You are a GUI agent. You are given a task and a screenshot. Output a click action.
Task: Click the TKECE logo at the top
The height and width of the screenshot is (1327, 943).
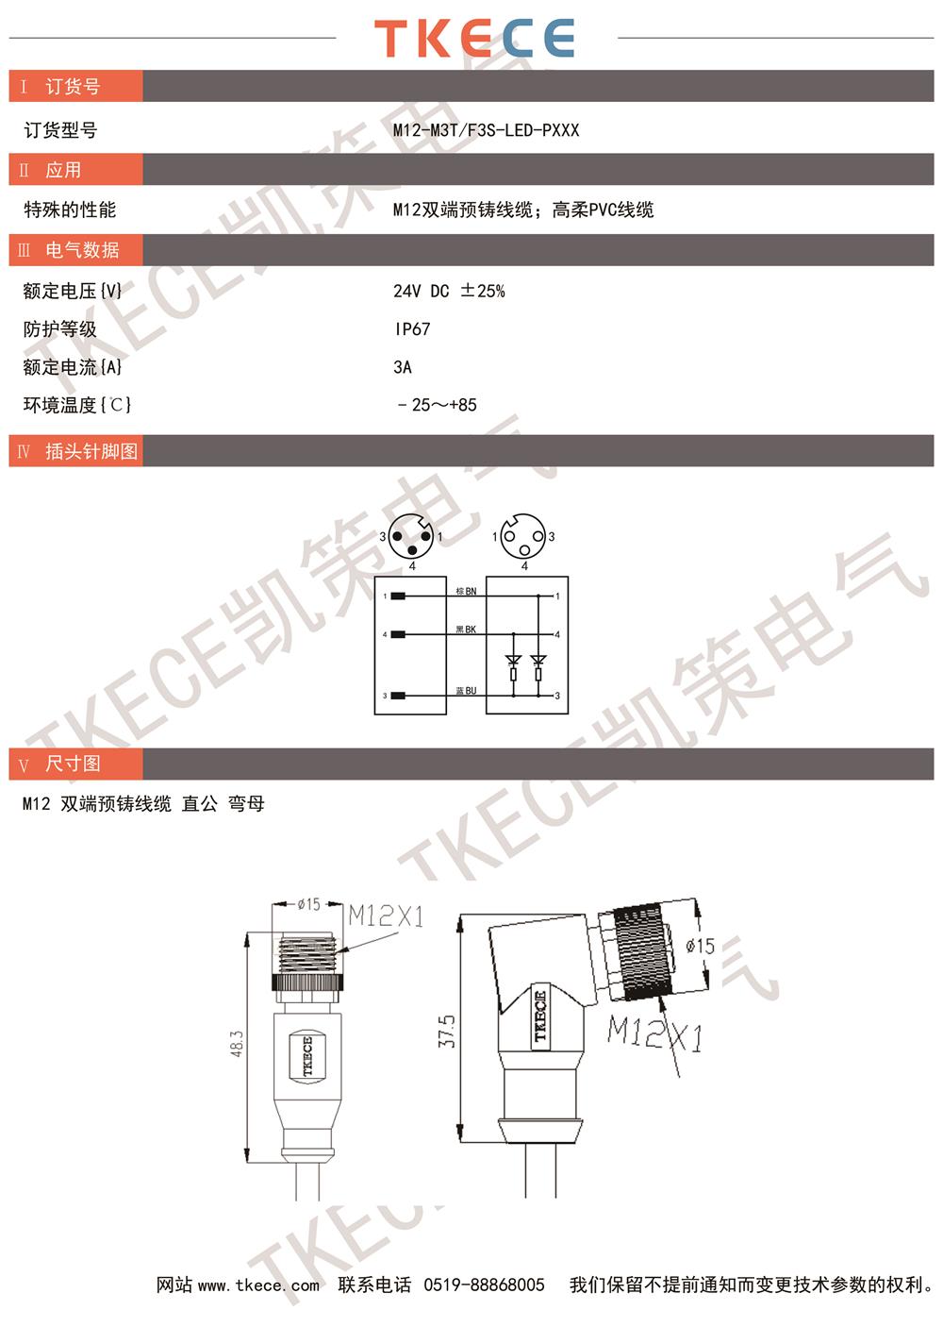click(x=474, y=38)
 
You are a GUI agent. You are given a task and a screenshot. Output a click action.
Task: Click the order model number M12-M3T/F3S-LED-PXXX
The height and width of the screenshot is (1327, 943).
click(x=486, y=130)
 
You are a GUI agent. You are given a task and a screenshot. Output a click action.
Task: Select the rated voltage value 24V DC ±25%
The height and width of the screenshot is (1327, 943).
click(x=449, y=291)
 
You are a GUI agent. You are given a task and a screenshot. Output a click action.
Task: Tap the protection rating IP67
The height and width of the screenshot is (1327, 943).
click(x=413, y=329)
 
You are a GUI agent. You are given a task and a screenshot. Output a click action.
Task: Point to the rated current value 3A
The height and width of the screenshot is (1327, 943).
click(x=403, y=367)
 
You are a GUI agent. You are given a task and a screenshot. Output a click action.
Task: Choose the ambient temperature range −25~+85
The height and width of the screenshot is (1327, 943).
click(x=437, y=405)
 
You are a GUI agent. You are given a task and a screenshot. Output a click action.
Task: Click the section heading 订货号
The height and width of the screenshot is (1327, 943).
click(x=73, y=87)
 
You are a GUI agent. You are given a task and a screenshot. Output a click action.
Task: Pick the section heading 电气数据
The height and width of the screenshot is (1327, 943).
click(x=82, y=250)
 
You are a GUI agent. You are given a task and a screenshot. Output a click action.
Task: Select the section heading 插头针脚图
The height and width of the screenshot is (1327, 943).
click(x=91, y=451)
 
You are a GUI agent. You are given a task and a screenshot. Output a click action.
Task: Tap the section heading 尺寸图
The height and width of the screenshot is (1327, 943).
click(x=73, y=764)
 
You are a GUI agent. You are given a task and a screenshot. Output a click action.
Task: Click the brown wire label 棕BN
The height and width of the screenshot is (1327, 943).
click(x=466, y=591)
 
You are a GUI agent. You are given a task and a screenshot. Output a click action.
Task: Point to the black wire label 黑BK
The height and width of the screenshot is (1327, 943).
click(x=466, y=630)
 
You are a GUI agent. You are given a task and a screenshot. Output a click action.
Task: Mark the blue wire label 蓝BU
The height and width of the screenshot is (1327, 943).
click(x=466, y=691)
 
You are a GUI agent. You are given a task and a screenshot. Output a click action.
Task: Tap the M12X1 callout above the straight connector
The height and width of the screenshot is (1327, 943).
click(x=386, y=916)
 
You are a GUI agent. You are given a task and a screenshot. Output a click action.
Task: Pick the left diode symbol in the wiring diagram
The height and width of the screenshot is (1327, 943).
click(x=513, y=660)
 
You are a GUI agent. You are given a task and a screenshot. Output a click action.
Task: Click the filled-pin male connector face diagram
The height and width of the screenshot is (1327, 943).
click(x=411, y=536)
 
